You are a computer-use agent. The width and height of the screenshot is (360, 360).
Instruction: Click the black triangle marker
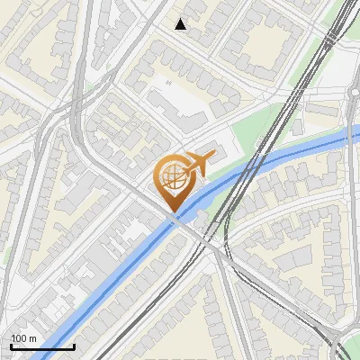[x=181, y=24]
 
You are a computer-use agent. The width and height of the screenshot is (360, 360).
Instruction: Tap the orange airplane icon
[x=198, y=163]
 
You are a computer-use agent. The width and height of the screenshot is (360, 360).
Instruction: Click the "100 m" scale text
[x=23, y=338]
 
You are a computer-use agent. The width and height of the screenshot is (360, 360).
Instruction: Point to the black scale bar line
[x=42, y=346]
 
